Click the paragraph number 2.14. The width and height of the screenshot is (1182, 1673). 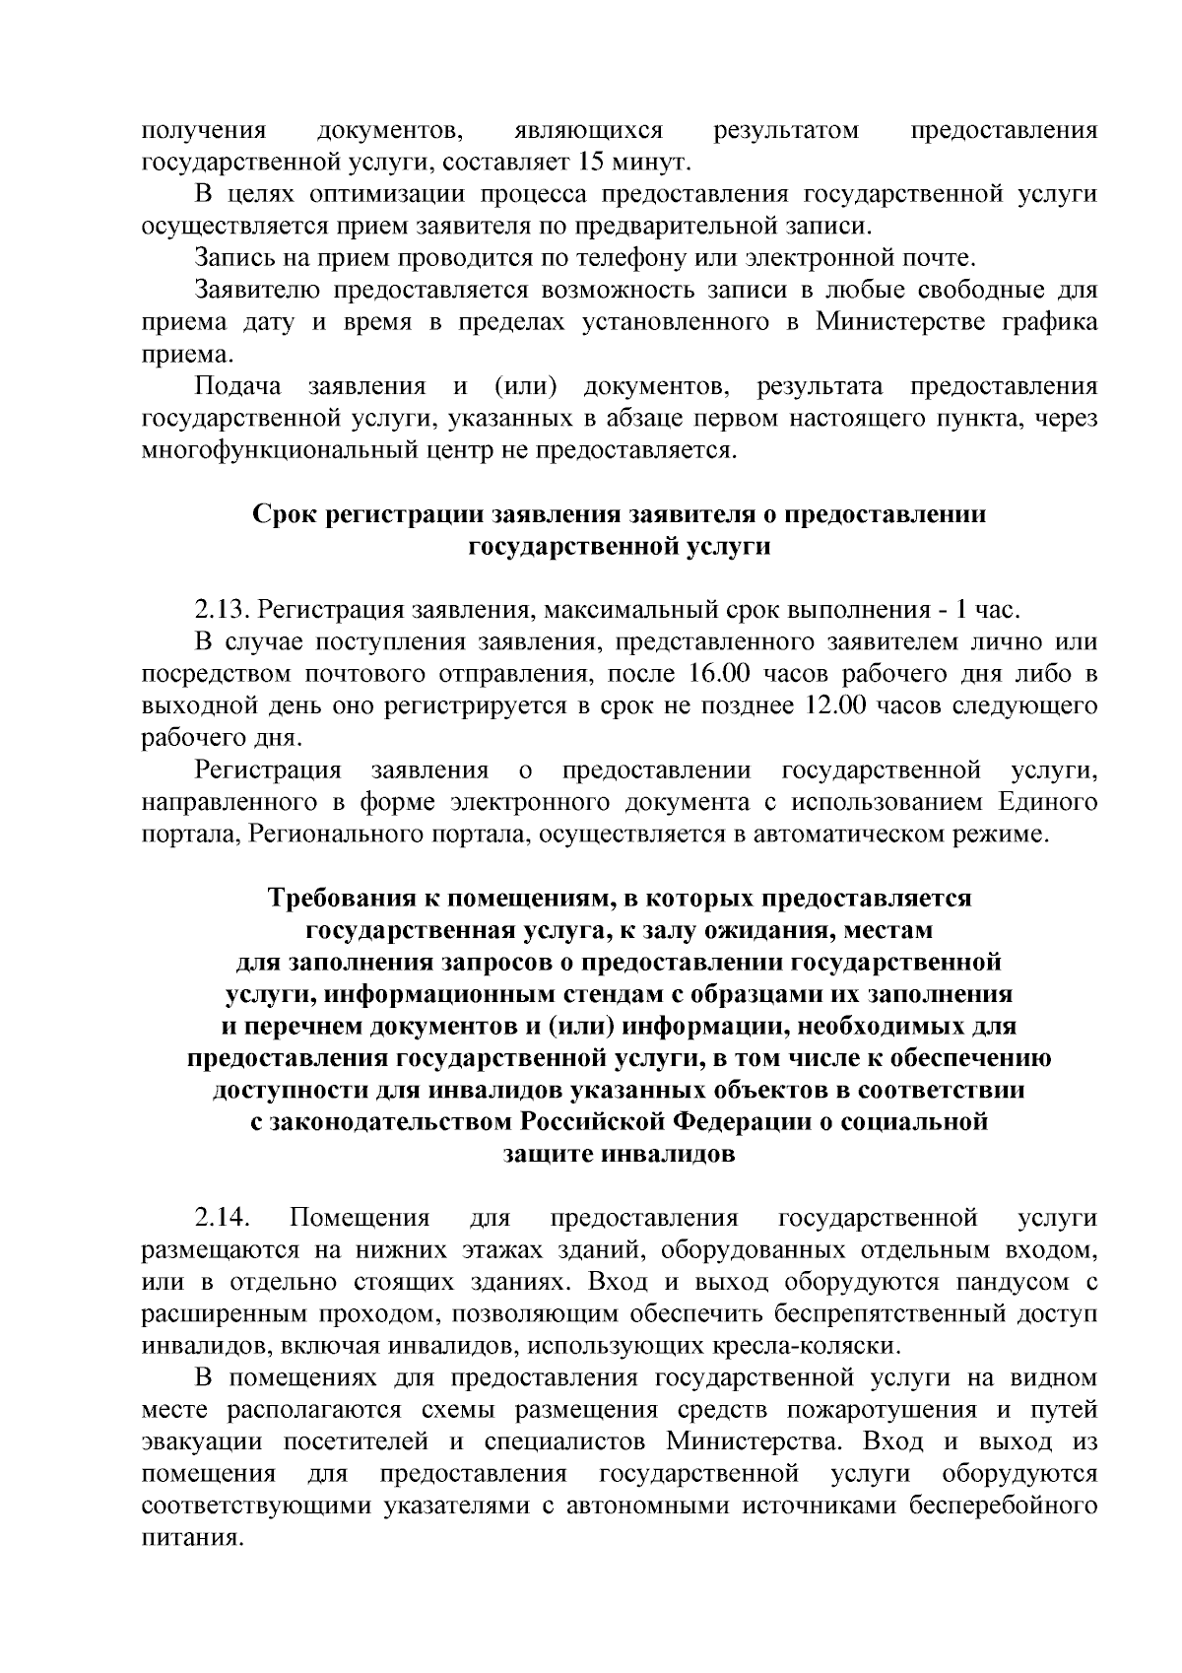coord(219,1219)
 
